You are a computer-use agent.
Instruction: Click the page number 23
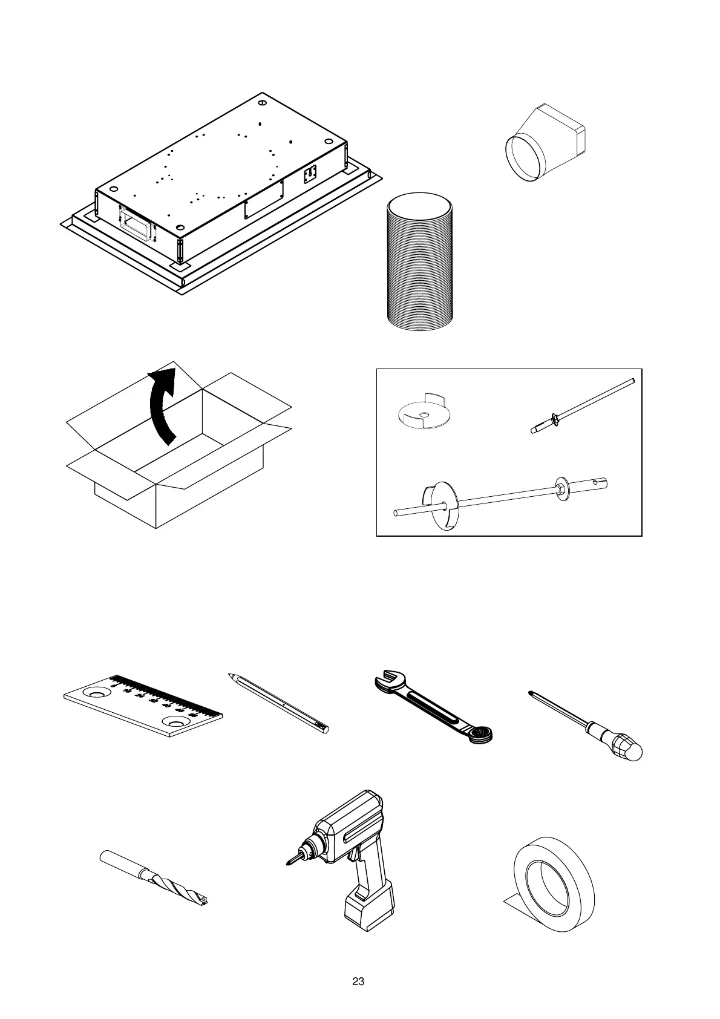(358, 981)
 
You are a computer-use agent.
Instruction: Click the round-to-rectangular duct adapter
(548, 142)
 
